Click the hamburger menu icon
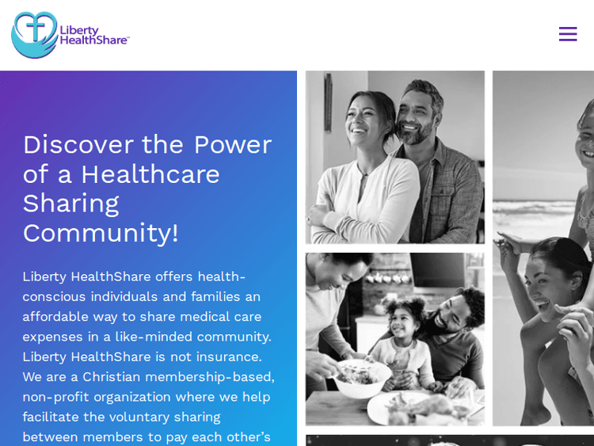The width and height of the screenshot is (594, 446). point(568,34)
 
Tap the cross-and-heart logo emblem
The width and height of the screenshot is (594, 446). point(34,35)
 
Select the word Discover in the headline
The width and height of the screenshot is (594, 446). point(78,144)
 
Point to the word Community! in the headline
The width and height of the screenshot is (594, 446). point(101,232)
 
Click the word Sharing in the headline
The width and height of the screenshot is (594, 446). point(70,203)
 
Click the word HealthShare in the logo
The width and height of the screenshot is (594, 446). point(93,40)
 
